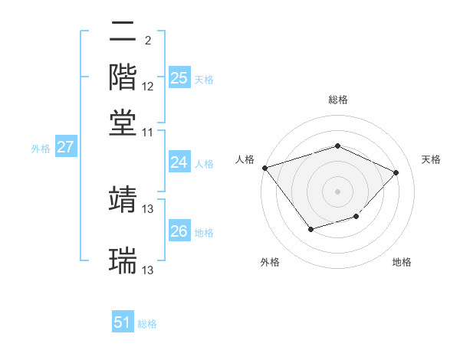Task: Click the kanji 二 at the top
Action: (123, 32)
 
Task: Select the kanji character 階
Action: (123, 77)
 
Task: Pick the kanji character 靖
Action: (123, 198)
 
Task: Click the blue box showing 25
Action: (179, 78)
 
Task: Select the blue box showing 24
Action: (179, 162)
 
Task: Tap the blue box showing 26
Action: (179, 231)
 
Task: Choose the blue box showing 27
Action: (65, 147)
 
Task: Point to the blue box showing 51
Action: (123, 323)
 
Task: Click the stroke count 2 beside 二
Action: (148, 40)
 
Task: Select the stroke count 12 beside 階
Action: (148, 86)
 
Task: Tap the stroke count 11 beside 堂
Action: (148, 132)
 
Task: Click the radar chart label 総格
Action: (337, 100)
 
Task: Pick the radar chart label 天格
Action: (431, 159)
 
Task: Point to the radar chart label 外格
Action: (270, 262)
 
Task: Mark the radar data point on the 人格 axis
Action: (264, 167)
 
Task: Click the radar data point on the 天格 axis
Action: (396, 172)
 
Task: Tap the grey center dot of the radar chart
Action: (337, 191)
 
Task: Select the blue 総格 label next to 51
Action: (147, 324)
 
